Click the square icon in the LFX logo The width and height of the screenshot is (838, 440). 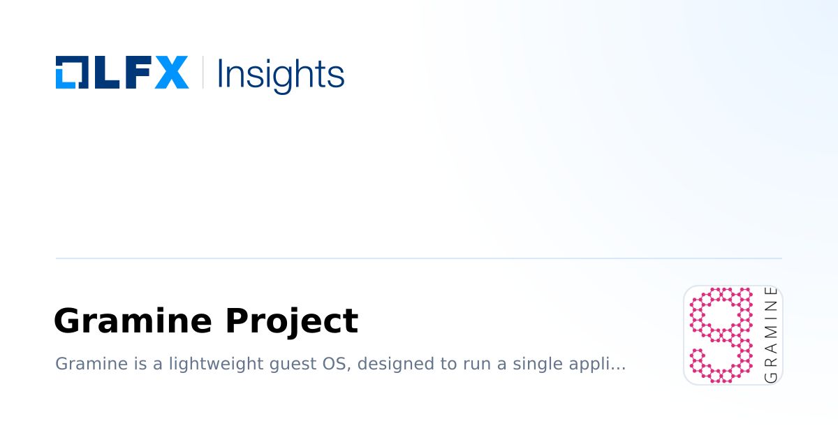point(71,73)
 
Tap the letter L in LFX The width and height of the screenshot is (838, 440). point(102,73)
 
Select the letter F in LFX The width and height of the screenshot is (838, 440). point(134,73)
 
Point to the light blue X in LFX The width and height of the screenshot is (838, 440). point(170,73)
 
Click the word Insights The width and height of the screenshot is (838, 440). point(280,74)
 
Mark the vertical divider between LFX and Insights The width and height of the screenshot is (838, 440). point(203,73)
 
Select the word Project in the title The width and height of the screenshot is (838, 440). point(291,321)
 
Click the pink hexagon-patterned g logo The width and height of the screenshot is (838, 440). point(721,335)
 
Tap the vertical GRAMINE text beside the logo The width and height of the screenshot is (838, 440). point(771,335)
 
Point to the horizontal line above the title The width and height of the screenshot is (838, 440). point(419,258)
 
